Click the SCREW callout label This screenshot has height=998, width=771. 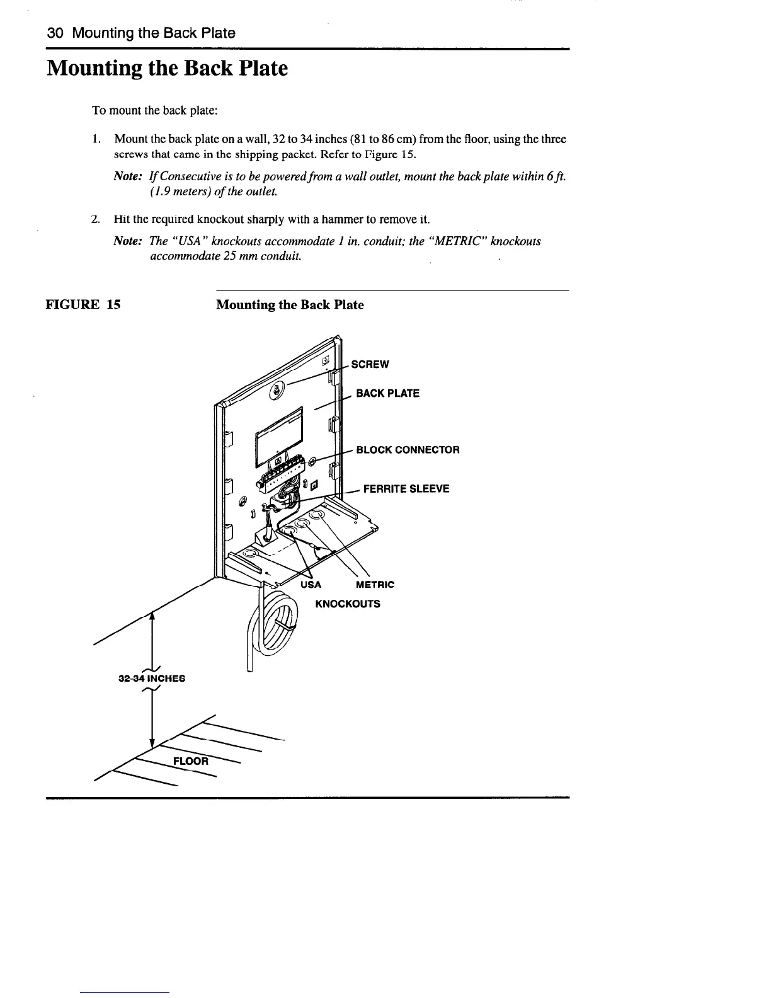click(370, 364)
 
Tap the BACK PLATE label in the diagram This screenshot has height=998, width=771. click(387, 393)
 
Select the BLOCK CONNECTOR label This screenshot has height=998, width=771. click(408, 450)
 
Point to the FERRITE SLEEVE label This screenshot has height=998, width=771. click(406, 488)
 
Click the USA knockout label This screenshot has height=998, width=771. click(311, 585)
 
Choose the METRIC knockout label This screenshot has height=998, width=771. click(375, 585)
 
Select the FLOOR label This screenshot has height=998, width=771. click(190, 760)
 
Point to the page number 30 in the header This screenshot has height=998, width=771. click(55, 33)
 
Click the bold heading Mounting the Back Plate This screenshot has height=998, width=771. click(167, 68)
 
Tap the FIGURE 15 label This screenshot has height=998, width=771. click(84, 305)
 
